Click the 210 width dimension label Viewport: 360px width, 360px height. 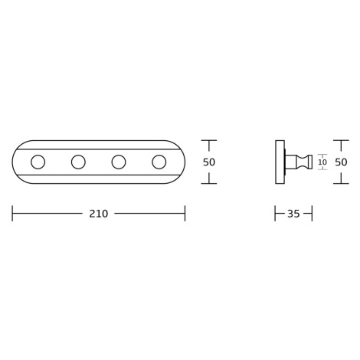coord(99,214)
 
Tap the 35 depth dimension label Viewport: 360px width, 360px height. coord(293,214)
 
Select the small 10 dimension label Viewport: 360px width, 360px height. coord(322,162)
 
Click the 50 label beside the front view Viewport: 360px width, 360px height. coord(209,162)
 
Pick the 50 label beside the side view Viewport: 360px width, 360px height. coord(341,162)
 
